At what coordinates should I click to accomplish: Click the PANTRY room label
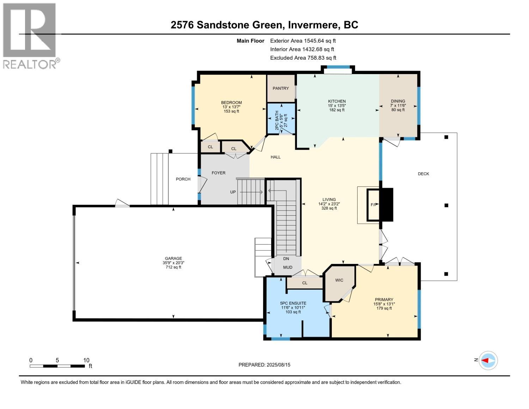coord(280,88)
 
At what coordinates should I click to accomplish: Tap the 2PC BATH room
coord(281,119)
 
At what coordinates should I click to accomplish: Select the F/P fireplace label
coord(374,205)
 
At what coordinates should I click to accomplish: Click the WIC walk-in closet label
coord(339,280)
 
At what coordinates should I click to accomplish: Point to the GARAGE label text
coord(173,258)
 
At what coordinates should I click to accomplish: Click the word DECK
coord(423,174)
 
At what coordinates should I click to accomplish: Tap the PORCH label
coord(183,179)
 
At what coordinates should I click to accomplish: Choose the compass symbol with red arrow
coord(488,361)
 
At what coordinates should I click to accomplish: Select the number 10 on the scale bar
coord(86,360)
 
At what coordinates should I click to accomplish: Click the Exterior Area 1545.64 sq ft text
coord(303,41)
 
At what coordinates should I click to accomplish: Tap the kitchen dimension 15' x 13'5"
coord(337,106)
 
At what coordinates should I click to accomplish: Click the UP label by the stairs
coord(233,192)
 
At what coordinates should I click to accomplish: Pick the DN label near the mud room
coord(286,259)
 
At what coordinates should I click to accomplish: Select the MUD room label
coord(287,267)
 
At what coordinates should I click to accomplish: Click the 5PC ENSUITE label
coord(293,303)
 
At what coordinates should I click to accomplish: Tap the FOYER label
coord(218,173)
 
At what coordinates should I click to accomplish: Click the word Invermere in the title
coord(314,25)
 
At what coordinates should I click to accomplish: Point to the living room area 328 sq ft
coord(329,208)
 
